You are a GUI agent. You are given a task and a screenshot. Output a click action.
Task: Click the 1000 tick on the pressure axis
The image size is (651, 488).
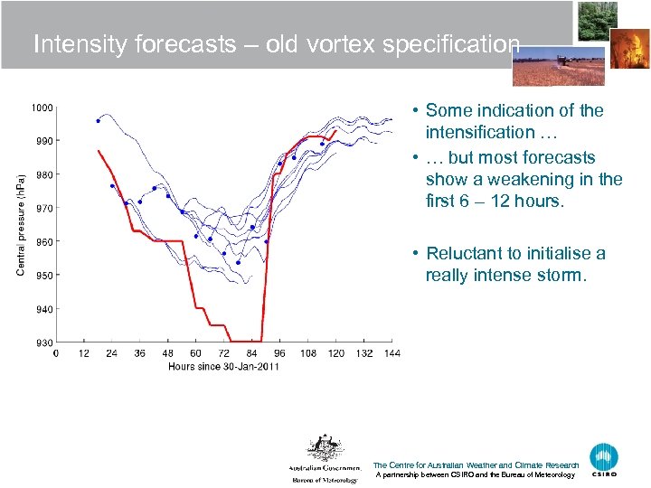pyautogui.click(x=42, y=108)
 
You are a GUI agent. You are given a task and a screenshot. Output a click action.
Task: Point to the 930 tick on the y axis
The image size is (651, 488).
pyautogui.click(x=43, y=343)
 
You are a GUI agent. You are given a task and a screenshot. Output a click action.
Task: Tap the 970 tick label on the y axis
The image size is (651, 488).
pyautogui.click(x=43, y=208)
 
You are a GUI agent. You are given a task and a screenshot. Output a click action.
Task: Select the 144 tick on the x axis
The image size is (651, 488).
pyautogui.click(x=391, y=353)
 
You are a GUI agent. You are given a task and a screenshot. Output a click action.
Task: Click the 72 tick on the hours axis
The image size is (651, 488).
pyautogui.click(x=224, y=353)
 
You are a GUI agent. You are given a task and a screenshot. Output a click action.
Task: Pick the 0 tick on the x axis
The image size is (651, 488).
pyautogui.click(x=56, y=353)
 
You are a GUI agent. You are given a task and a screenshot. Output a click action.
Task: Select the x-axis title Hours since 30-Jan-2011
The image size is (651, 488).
pyautogui.click(x=223, y=366)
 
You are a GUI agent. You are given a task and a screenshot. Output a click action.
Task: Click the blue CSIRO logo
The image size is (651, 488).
pyautogui.click(x=604, y=459)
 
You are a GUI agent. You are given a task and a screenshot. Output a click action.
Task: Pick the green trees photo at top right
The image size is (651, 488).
pyautogui.click(x=597, y=21)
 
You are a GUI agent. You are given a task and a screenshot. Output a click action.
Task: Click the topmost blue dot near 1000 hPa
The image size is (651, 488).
pyautogui.click(x=99, y=120)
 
